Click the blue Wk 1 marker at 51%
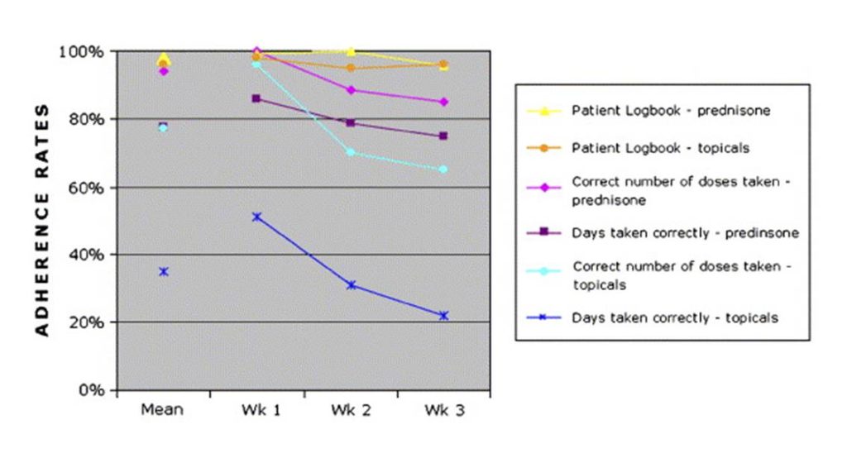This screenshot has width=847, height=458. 256,217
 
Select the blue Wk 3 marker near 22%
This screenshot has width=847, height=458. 443,315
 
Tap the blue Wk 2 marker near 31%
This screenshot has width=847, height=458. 351,285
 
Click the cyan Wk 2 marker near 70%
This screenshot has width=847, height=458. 351,152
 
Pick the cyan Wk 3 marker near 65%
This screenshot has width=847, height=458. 443,169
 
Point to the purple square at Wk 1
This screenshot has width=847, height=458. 256,98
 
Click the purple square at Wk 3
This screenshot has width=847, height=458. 443,136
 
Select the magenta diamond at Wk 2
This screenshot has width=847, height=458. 351,90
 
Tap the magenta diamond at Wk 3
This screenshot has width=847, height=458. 443,102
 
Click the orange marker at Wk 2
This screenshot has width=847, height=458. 351,68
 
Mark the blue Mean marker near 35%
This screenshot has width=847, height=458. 164,271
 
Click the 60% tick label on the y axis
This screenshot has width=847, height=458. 87,187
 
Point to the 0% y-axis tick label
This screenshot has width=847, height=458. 91,390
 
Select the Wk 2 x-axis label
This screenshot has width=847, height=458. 351,410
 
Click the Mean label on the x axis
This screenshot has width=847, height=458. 164,410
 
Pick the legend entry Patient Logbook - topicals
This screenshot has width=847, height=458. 662,148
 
